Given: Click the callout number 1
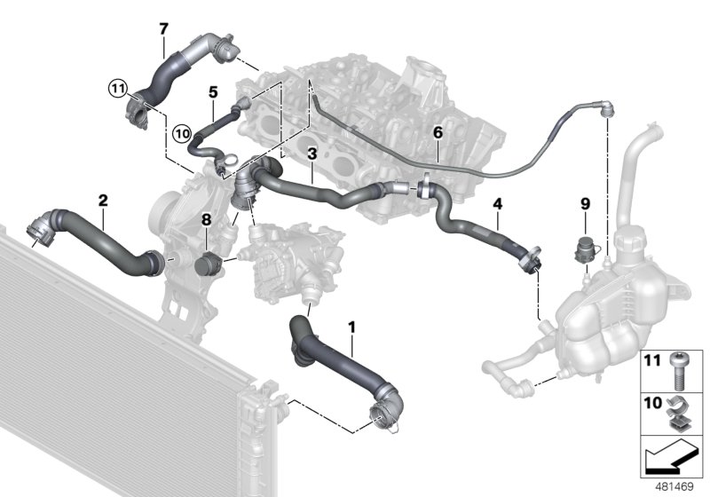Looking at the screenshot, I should click(x=352, y=327).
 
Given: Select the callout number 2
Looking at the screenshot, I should click(x=103, y=200).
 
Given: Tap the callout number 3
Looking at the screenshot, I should click(x=312, y=154).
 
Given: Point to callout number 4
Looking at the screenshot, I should click(x=498, y=204).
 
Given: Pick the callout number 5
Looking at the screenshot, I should click(x=213, y=91).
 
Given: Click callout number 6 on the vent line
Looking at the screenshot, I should click(x=437, y=131).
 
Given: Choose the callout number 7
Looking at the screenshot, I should click(x=163, y=29).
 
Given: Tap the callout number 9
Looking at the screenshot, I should click(x=585, y=203).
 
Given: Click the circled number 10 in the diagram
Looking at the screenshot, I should click(x=182, y=134).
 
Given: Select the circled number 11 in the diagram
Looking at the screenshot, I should click(x=118, y=87).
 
